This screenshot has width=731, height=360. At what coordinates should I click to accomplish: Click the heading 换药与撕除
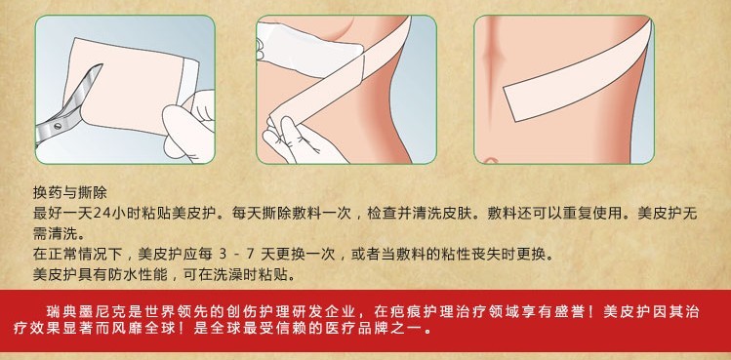click(70, 192)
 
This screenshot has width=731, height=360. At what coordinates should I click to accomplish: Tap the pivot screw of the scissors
click(58, 126)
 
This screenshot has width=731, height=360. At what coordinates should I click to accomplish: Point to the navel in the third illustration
click(489, 161)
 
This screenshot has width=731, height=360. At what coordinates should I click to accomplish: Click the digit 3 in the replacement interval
click(222, 255)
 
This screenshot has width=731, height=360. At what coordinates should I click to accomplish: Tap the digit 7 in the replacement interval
click(252, 255)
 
